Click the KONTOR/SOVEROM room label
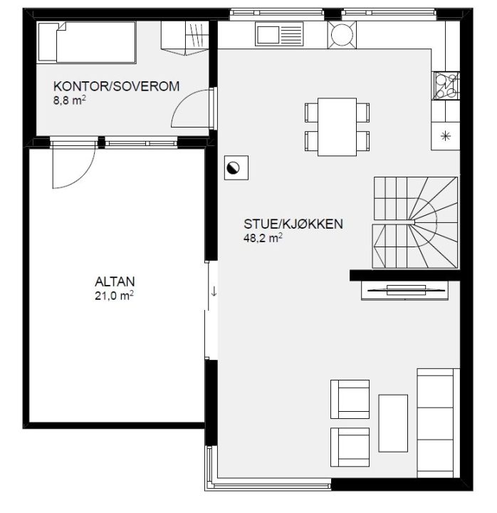tap(116, 86)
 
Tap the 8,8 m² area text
tap(70, 100)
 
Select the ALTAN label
tap(115, 281)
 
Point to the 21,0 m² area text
tap(114, 296)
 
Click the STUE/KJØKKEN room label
tap(293, 224)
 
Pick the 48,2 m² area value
tap(263, 238)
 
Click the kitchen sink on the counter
tap(279, 33)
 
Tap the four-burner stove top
tap(446, 85)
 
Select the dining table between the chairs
tap(337, 127)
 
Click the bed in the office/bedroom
tap(87, 42)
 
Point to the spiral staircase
tap(415, 223)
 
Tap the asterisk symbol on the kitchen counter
tap(445, 136)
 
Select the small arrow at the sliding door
tap(214, 291)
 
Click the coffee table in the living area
tap(393, 423)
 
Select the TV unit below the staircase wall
tap(405, 290)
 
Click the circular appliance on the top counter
tap(342, 34)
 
